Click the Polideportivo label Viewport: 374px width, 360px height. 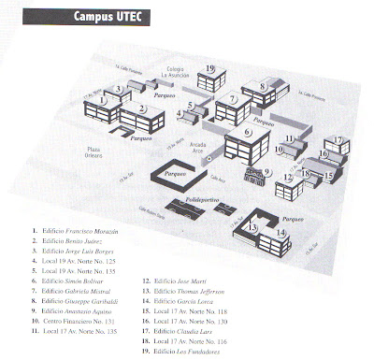[200, 199]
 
